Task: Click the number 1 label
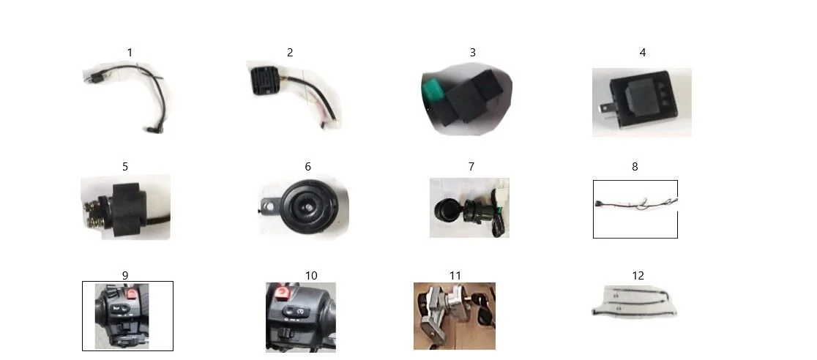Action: [130, 53]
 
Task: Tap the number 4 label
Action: [643, 53]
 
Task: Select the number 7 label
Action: [471, 167]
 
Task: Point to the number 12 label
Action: [638, 276]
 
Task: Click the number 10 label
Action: [311, 276]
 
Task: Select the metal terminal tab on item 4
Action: [604, 110]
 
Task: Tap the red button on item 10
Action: [282, 293]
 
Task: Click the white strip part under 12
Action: [634, 301]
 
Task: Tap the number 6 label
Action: [308, 167]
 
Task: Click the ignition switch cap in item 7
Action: [446, 208]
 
